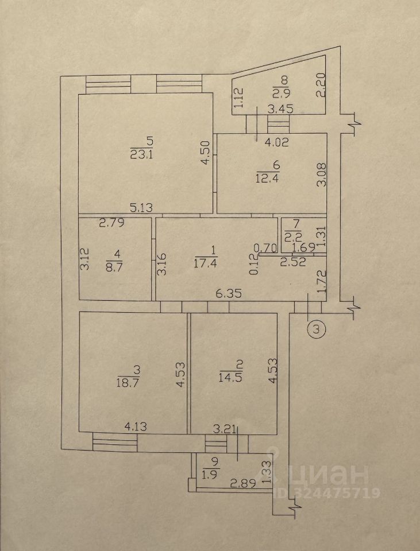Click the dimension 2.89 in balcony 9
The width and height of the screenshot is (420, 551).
pyautogui.click(x=242, y=484)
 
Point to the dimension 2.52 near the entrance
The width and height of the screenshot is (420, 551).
pyautogui.click(x=292, y=262)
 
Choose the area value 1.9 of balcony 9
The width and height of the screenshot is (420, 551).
pyautogui.click(x=207, y=474)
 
